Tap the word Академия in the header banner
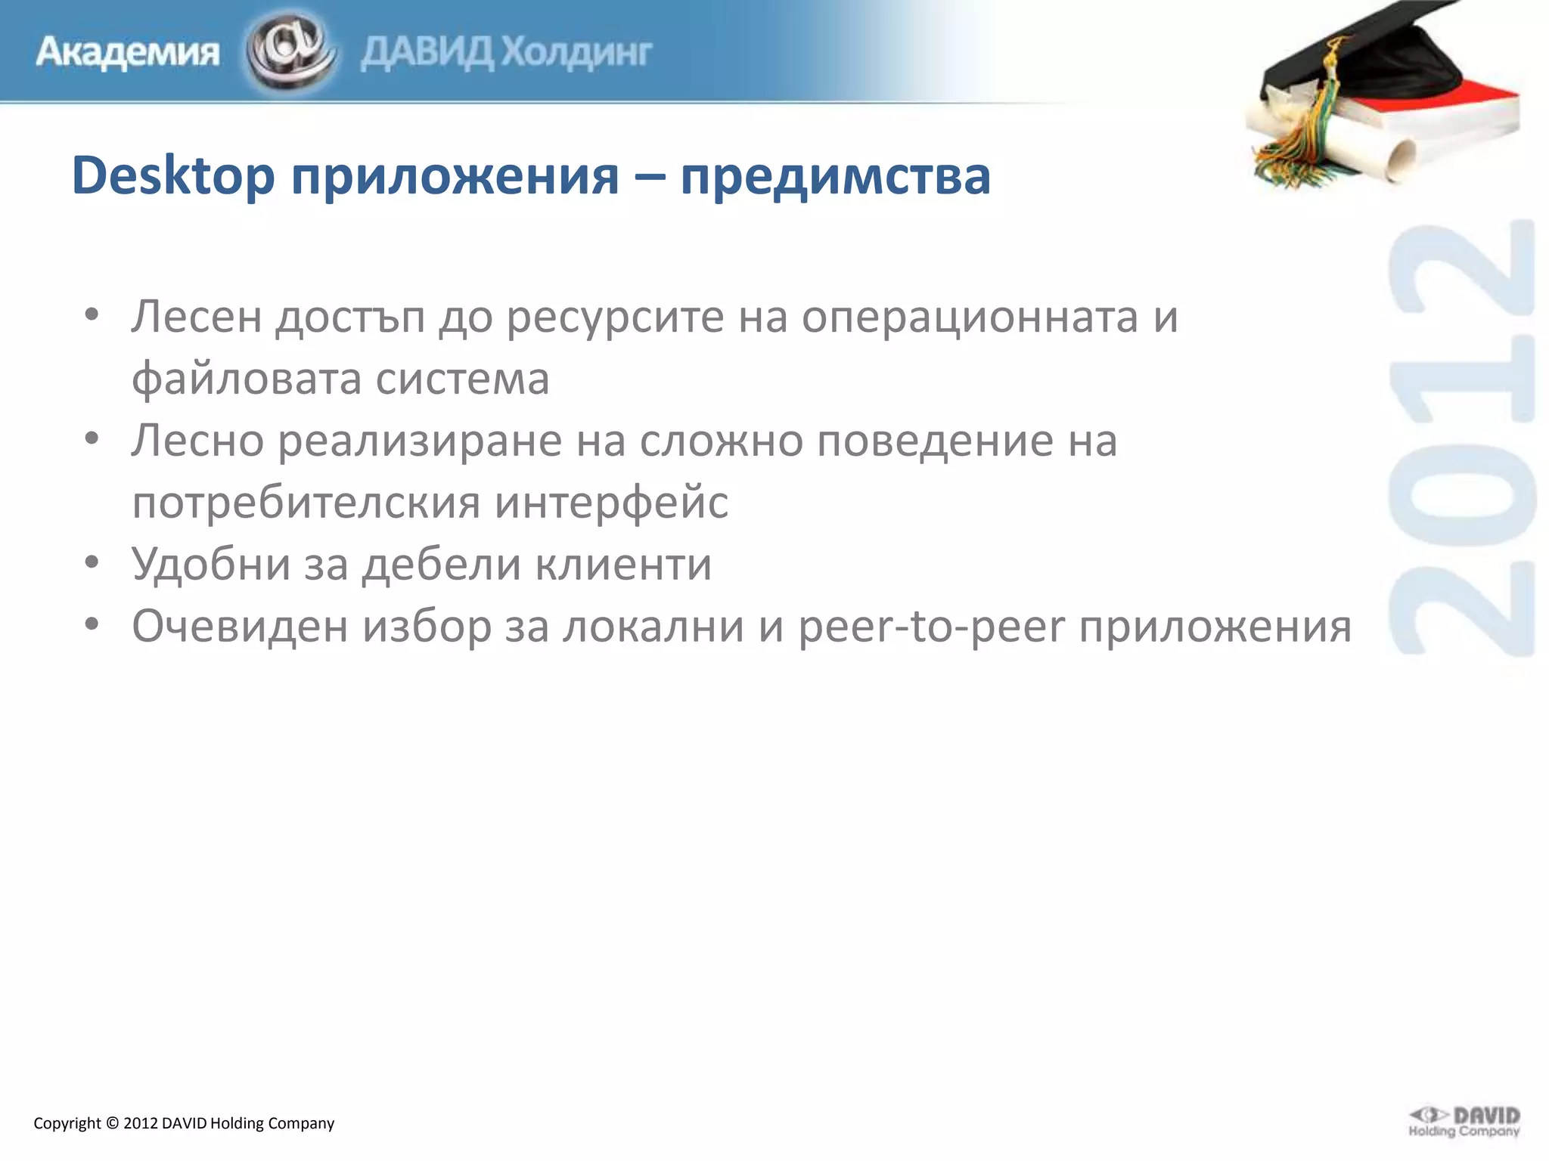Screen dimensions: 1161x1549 click(127, 53)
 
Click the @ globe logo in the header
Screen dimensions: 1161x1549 click(290, 51)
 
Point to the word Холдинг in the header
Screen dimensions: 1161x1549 click(576, 53)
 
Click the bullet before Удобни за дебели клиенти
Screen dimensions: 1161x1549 click(92, 563)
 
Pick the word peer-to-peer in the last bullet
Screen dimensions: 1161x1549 click(931, 627)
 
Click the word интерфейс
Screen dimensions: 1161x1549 click(611, 502)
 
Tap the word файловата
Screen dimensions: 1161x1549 click(246, 378)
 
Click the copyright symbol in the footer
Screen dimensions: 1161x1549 click(112, 1123)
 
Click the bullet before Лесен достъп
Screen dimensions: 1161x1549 click(92, 315)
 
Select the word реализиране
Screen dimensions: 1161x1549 click(421, 441)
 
